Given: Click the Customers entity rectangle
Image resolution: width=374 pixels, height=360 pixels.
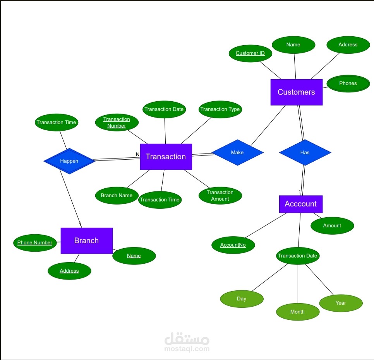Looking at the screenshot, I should coord(296,92).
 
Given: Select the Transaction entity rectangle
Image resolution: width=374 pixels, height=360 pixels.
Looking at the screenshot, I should coord(166,157).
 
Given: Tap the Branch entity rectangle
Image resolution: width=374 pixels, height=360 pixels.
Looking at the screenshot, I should coord(86,241).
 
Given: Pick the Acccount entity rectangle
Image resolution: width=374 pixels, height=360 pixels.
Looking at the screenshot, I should coord(300,204).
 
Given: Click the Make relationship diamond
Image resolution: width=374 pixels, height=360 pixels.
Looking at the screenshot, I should coord(237,152).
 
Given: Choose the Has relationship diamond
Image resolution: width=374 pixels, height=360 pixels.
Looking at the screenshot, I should coord(305,152).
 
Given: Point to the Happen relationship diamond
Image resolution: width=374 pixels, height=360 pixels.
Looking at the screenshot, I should coord(69,161).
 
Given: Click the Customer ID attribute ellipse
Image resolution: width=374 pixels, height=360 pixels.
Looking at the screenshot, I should coord(250,53).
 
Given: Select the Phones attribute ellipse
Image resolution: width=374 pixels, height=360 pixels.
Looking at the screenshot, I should coord(348,84).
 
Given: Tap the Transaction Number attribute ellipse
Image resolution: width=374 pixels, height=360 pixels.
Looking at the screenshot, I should coord(117,123).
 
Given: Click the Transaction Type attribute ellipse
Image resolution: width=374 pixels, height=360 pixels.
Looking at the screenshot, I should coord(220,109).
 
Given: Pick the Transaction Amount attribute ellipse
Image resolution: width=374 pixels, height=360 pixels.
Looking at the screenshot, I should coord(220,196).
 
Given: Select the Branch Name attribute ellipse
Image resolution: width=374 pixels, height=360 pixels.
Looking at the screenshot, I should coord(117,196).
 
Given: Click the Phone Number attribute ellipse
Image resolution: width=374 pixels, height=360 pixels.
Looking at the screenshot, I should coord(35,243).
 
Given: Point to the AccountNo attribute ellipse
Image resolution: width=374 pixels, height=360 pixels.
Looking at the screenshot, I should coord(233,245).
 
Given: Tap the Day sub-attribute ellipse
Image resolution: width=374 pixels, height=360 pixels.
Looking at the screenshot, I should coord(242,299).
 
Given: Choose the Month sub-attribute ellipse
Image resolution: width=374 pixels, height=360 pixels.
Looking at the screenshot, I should coord(297,312).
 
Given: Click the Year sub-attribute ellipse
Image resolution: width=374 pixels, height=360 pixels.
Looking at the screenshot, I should coord(341,303).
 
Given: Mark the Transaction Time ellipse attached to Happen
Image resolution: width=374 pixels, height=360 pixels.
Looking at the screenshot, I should coord(56,123).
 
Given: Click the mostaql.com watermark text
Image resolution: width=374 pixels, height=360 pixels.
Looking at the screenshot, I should coord(187,348).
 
